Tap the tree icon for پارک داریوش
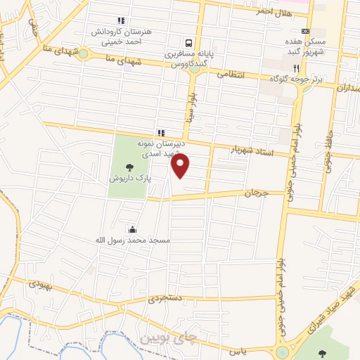coord(129,167)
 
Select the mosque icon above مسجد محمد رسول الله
coord(133,229)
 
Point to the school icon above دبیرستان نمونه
coord(161,131)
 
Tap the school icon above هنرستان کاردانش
coord(121,20)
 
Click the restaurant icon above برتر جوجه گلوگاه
coord(297,68)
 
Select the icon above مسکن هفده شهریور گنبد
coord(305,32)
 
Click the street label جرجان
coord(257,192)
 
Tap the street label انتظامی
coord(231,74)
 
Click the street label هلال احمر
coord(274,12)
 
